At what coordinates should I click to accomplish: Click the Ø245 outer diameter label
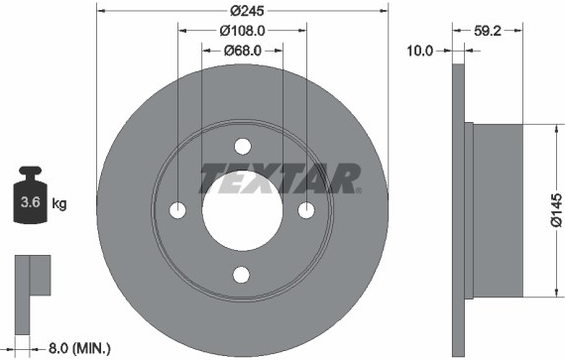247,11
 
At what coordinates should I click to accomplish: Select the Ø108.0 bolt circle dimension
242,31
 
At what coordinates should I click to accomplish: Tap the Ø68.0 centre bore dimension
243,51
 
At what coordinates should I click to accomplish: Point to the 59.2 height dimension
488,31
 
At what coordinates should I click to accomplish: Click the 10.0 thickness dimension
420,51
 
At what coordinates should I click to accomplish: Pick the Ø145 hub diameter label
556,210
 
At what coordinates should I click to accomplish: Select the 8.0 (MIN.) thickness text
79,348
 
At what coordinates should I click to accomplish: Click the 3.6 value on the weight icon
31,201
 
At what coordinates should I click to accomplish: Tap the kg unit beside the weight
59,204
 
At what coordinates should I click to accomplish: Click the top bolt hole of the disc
243,147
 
